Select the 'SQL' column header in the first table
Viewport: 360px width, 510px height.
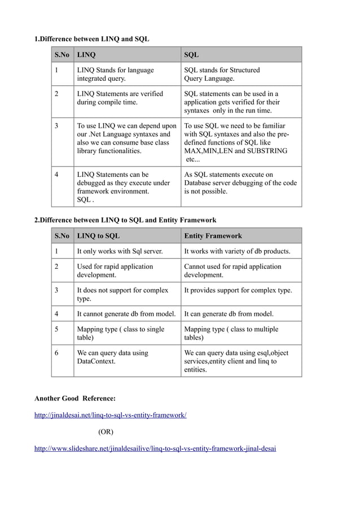[191, 55]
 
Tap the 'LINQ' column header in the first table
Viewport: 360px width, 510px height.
[86, 55]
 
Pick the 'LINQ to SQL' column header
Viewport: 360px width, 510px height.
[98, 236]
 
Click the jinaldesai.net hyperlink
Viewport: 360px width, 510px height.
[111, 415]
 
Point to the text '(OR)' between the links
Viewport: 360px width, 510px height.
[106, 432]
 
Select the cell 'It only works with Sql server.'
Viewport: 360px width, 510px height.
[120, 251]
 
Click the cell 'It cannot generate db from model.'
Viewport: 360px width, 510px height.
[126, 313]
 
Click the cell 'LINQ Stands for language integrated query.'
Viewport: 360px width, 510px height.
[115, 75]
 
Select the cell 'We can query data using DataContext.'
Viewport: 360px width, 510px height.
[112, 357]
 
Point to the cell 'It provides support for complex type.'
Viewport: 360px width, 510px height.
[238, 290]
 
